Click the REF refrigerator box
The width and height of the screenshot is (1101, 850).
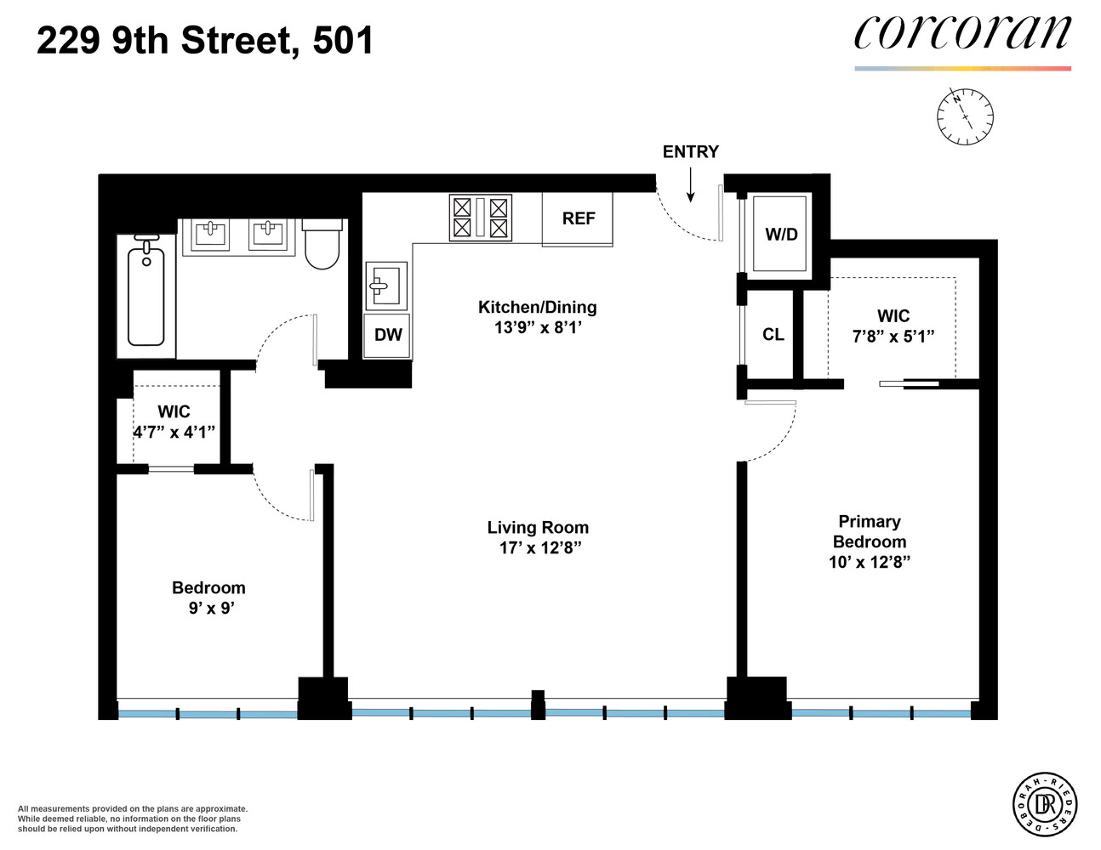pos(578,219)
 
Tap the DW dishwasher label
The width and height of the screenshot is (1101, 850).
pos(388,335)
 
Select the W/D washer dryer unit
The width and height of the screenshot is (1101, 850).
pos(781,235)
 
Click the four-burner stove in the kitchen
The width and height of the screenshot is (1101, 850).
pos(481,218)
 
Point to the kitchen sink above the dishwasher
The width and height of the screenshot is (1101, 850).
pos(385,285)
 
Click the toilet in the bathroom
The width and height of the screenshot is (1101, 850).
pos(322,243)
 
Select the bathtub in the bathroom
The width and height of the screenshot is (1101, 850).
pos(146,293)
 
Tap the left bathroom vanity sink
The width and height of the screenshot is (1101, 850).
pos(210,233)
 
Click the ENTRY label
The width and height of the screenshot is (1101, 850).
pos(690,152)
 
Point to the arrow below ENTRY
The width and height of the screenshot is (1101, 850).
pos(691,185)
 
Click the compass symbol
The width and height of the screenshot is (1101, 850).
pos(965,116)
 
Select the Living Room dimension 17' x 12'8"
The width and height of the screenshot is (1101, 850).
pos(539,548)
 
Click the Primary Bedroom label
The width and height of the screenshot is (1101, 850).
pos(869,531)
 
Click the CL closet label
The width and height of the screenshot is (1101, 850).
pos(773,335)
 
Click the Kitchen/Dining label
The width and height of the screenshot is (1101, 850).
pos(537,308)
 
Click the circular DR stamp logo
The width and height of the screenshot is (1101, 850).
pos(1045,803)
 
